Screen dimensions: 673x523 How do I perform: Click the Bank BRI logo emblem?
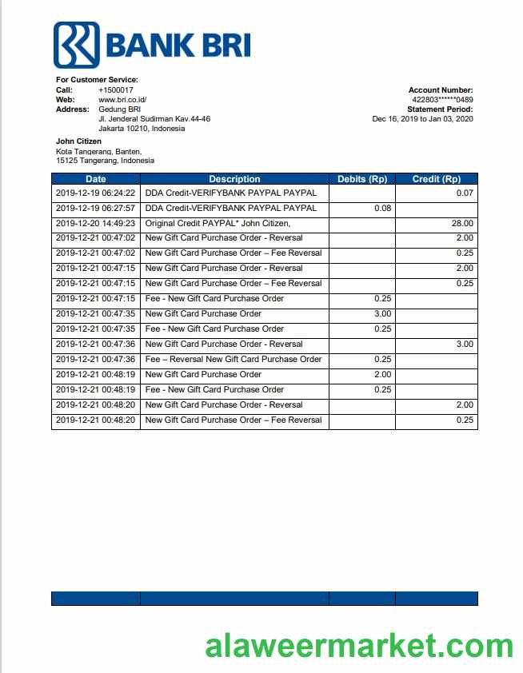76,45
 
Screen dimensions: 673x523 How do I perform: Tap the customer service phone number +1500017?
116,90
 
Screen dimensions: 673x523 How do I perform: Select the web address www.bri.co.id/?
122,100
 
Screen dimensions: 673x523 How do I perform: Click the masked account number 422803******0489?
442,100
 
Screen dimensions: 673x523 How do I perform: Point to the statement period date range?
423,119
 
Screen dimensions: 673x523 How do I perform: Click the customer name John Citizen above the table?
78,141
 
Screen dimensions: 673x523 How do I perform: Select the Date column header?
96,179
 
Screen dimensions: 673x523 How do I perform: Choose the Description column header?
234,179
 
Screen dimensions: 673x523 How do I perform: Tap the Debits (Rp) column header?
362,179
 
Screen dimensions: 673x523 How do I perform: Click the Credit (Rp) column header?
437,179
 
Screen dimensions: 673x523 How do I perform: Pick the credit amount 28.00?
462,224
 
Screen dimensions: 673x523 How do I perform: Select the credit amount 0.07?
465,193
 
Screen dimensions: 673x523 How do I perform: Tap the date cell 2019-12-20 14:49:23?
96,224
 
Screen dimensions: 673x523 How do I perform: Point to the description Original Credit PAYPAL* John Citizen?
218,224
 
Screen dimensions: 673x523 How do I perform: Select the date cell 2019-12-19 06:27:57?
96,209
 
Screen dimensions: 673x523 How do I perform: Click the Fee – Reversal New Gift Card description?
234,360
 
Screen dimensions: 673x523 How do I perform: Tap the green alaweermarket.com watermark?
359,645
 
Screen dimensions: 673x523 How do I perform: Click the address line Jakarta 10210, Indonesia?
142,129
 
